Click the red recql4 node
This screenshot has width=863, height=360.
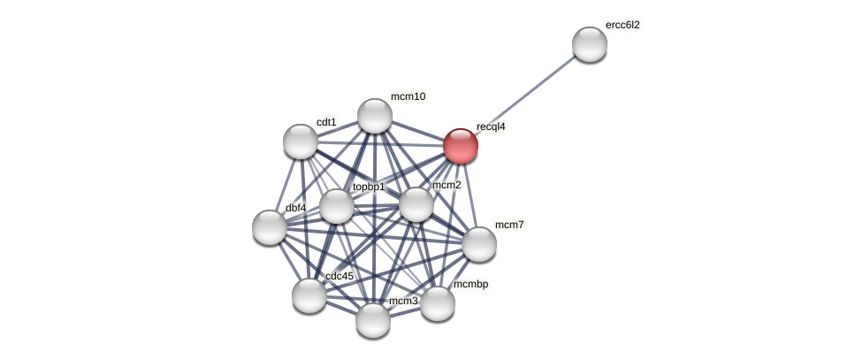click(x=461, y=147)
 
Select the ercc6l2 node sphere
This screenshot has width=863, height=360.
click(x=590, y=44)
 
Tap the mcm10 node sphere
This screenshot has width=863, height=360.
click(x=375, y=116)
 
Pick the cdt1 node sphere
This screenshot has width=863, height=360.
click(x=301, y=142)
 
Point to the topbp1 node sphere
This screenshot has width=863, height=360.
click(x=336, y=206)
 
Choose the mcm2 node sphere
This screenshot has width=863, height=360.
click(x=416, y=205)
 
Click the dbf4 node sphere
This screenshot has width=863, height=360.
click(x=270, y=227)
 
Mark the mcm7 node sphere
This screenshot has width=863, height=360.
click(x=479, y=244)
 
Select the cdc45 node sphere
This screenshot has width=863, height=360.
click(x=309, y=295)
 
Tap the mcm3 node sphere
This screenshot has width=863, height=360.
click(x=373, y=320)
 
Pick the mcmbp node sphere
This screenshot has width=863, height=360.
click(x=438, y=303)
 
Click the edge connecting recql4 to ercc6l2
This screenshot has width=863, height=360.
click(x=525, y=96)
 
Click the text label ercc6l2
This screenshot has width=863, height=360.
click(x=622, y=25)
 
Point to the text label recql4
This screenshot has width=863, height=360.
click(x=491, y=126)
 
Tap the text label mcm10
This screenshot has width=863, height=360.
click(x=408, y=96)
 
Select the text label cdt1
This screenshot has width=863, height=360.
click(x=326, y=122)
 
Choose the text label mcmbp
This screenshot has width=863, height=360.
click(x=470, y=284)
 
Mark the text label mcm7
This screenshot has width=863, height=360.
click(x=509, y=225)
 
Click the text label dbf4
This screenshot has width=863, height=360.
click(x=296, y=208)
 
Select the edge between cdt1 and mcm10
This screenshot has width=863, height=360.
click(x=338, y=129)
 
